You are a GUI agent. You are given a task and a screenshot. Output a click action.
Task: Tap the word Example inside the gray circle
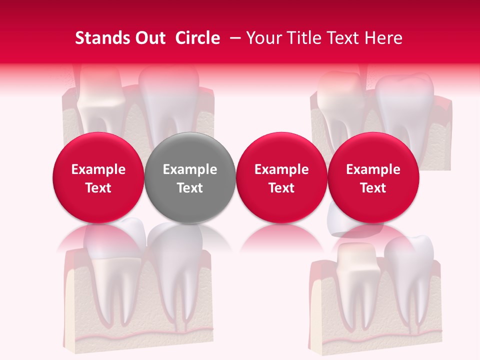click(x=190, y=169)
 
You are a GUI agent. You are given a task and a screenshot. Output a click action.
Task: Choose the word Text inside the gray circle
click(x=190, y=188)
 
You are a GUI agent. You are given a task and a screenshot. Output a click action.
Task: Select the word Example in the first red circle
click(x=98, y=169)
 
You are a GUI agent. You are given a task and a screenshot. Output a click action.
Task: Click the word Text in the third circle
click(x=281, y=188)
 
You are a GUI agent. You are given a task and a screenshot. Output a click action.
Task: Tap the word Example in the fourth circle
click(x=373, y=169)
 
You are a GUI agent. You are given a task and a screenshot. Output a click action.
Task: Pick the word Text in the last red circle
click(x=373, y=188)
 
